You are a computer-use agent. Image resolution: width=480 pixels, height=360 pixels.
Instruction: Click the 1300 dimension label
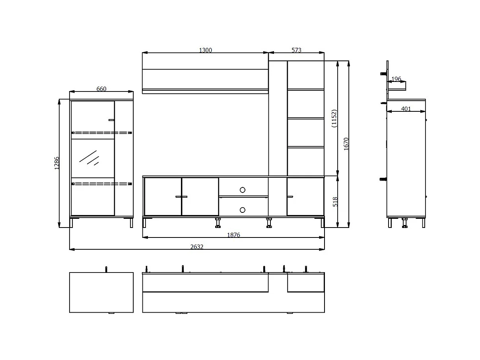205,50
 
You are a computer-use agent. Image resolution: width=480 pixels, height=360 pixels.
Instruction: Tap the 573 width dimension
296,50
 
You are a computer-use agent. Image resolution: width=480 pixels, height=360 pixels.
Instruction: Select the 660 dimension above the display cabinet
101,89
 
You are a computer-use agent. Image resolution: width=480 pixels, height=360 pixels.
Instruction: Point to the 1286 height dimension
57,163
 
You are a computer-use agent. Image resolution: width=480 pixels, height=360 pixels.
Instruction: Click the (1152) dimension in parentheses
334,119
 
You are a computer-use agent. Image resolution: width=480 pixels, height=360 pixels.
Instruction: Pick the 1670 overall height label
346,144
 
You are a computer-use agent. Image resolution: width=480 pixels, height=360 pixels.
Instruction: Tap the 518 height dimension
335,202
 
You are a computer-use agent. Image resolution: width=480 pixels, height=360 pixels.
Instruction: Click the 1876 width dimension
233,235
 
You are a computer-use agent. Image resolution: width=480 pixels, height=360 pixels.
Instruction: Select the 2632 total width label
196,247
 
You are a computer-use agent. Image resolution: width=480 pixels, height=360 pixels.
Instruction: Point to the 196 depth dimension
396,79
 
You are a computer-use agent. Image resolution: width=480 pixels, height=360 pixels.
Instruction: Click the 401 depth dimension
406,109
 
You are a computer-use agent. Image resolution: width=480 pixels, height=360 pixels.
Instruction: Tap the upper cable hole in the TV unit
243,189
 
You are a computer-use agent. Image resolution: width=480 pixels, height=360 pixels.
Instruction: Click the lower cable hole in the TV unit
243,209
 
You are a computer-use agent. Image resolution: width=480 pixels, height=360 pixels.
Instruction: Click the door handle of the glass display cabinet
111,119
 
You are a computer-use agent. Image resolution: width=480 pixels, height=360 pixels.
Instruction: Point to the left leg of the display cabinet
72,223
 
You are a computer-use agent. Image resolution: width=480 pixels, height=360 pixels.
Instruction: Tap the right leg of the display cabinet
131,223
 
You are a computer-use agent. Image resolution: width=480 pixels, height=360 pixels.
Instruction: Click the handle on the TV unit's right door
290,196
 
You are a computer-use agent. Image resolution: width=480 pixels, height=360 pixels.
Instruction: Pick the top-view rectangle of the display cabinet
101,292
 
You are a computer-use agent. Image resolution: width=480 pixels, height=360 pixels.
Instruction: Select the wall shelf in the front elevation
205,80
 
